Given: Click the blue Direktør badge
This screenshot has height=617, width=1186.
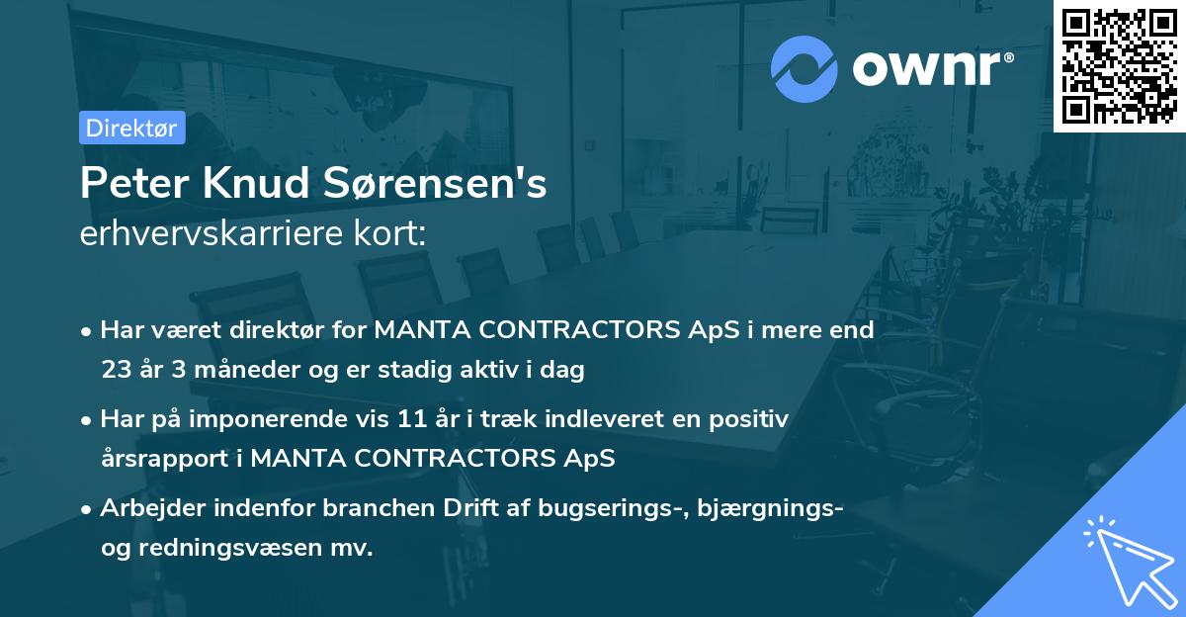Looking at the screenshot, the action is [x=132, y=128].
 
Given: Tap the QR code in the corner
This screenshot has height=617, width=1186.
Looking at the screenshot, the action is [x=1119, y=66].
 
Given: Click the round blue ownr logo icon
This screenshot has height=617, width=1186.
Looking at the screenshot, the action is [x=804, y=69].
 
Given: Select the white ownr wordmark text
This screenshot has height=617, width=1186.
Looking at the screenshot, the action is [x=932, y=68].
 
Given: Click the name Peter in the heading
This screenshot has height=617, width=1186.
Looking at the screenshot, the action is [x=134, y=183].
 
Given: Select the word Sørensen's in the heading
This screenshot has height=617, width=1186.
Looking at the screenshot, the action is [x=435, y=183].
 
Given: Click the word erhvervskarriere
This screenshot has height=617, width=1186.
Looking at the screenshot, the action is [x=212, y=233].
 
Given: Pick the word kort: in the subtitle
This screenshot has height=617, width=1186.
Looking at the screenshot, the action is [x=390, y=233].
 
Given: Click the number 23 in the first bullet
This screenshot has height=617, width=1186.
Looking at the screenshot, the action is [x=117, y=370].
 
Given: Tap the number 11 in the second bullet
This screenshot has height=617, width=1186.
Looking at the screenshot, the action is [x=412, y=419].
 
